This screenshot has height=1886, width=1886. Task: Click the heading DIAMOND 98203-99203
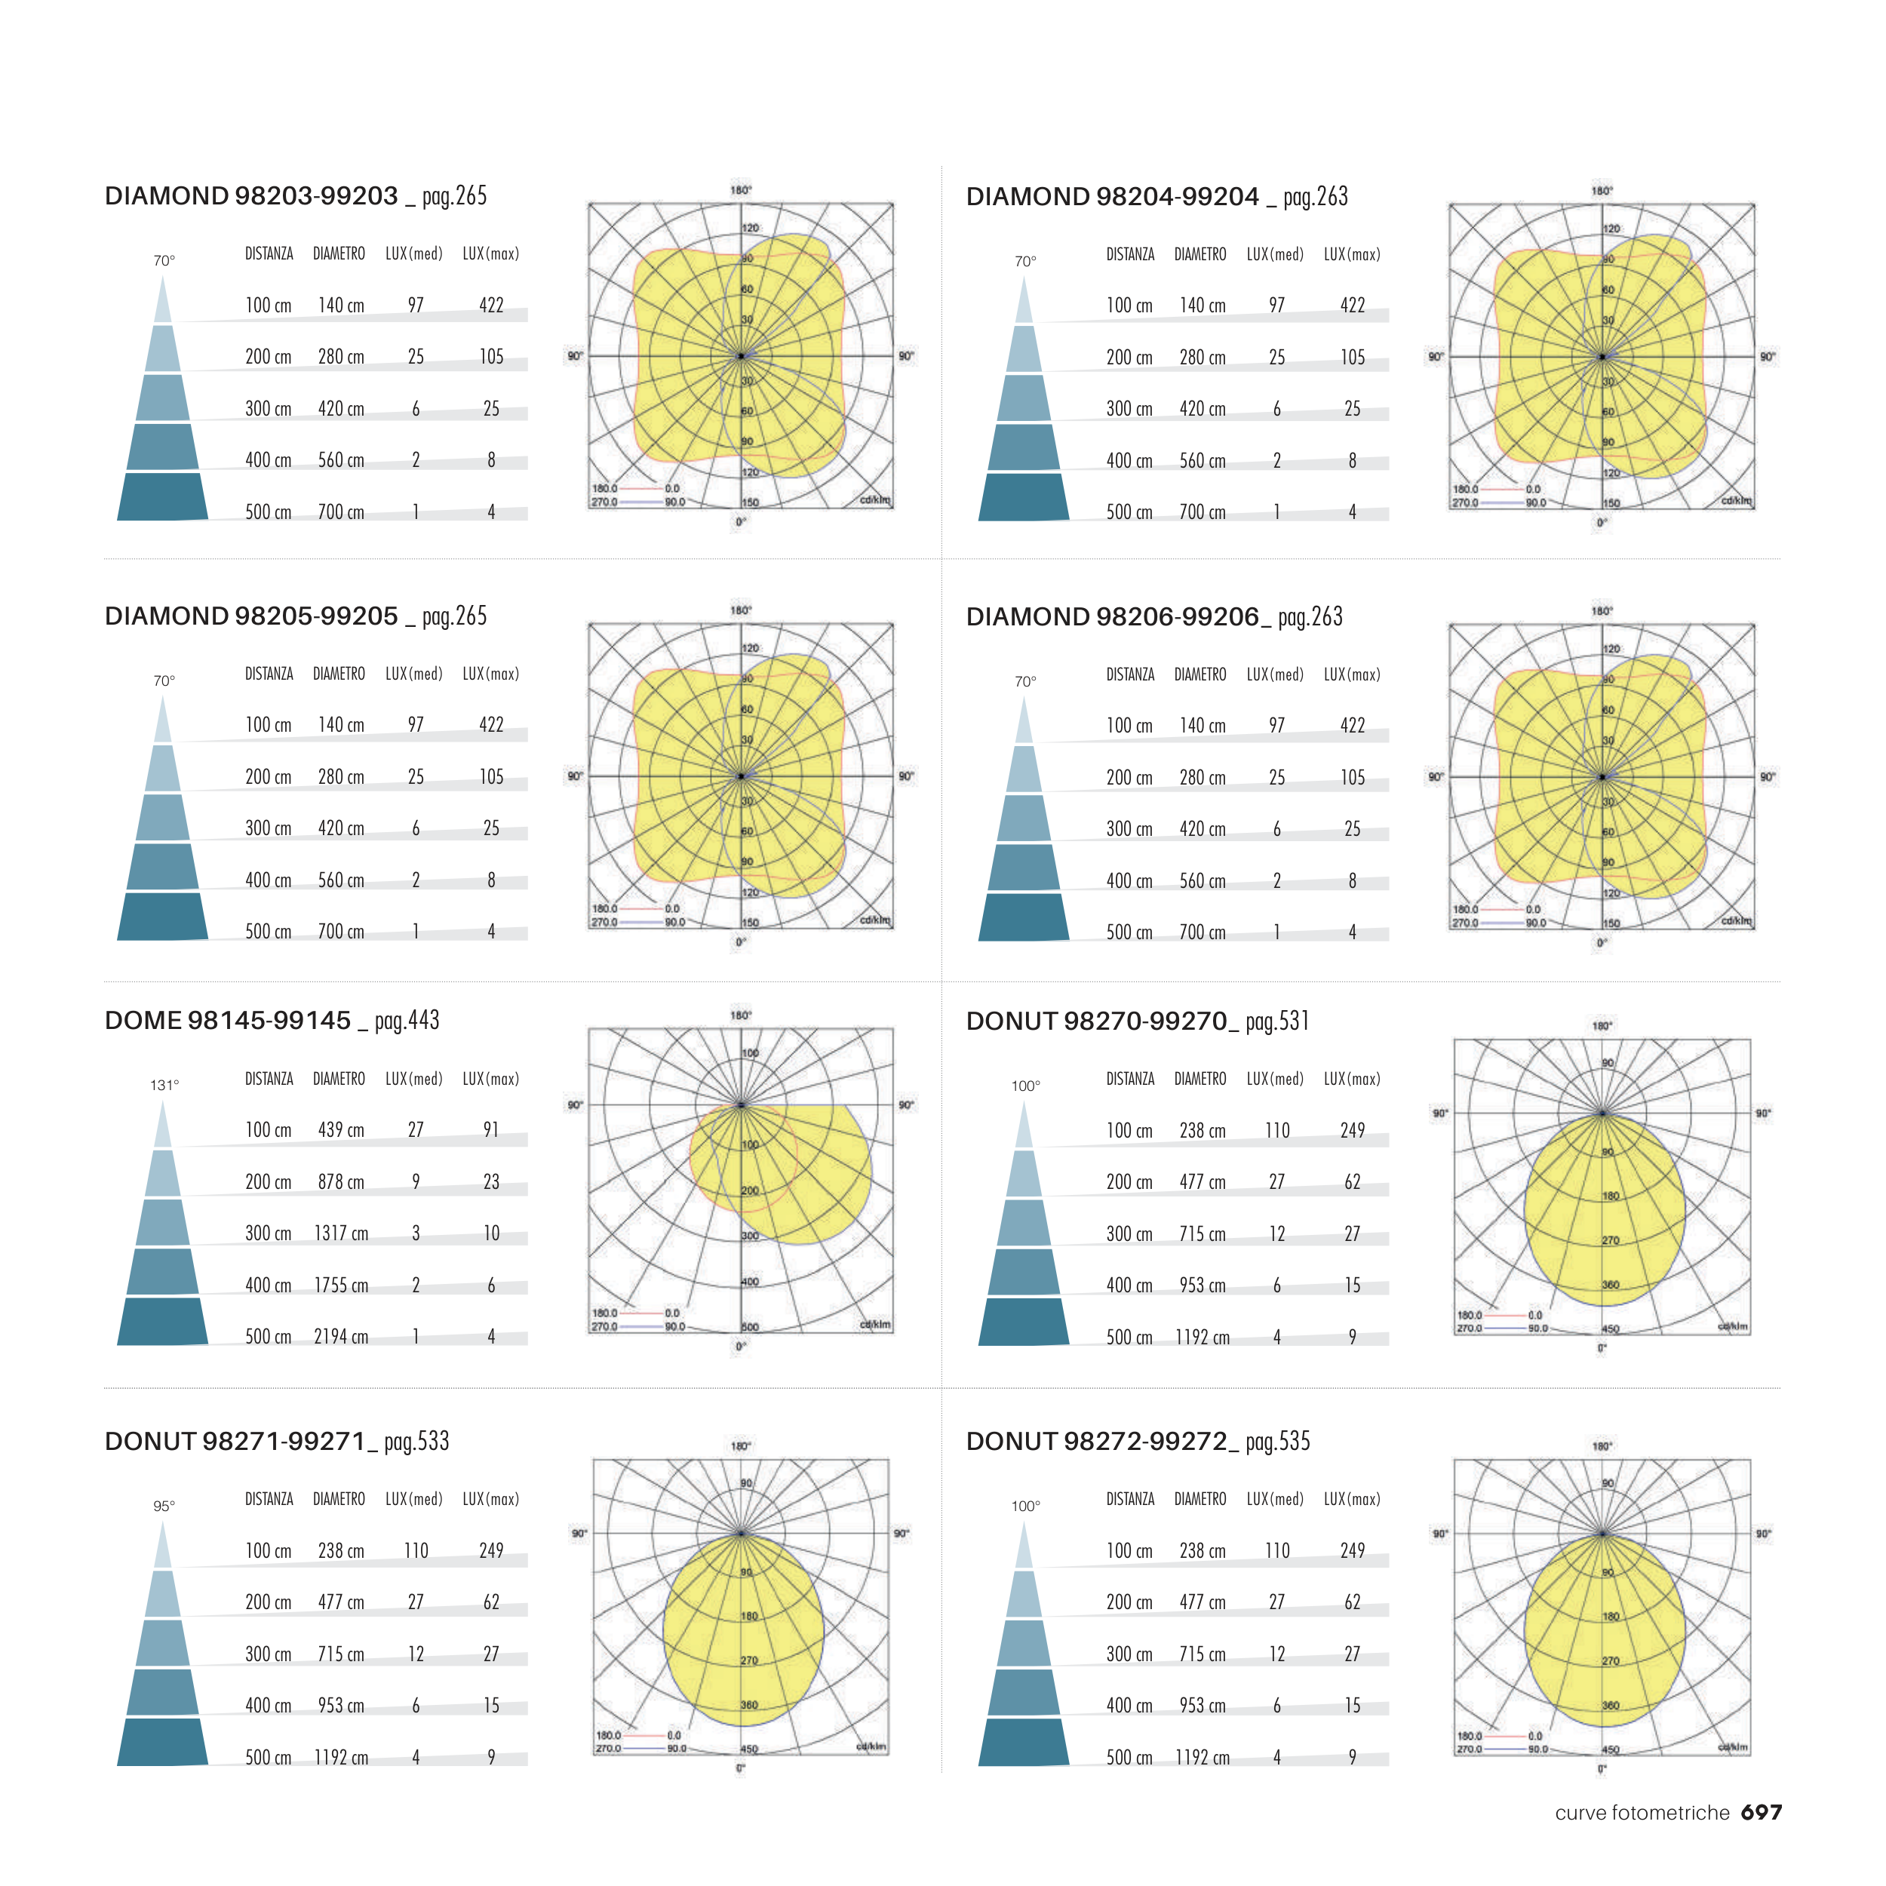[x=251, y=196]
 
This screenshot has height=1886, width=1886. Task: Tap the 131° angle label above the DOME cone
[x=164, y=1086]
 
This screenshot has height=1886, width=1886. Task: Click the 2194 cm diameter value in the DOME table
[x=341, y=1336]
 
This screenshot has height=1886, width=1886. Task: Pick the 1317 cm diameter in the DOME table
[x=341, y=1233]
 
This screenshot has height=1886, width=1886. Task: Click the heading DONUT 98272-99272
[x=1102, y=1442]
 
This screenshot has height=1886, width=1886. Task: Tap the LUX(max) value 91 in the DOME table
[x=491, y=1129]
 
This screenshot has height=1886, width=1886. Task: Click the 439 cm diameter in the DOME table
[x=341, y=1129]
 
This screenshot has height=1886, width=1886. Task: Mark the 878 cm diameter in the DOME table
[x=341, y=1181]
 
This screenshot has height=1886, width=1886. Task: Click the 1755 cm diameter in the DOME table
[x=341, y=1285]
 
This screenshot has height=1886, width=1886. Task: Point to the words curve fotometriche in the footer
[x=1642, y=1813]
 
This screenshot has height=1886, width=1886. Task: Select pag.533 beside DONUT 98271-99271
[x=417, y=1442]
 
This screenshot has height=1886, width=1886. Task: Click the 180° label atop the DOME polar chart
[x=741, y=1015]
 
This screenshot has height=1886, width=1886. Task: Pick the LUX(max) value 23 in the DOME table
[x=491, y=1181]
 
